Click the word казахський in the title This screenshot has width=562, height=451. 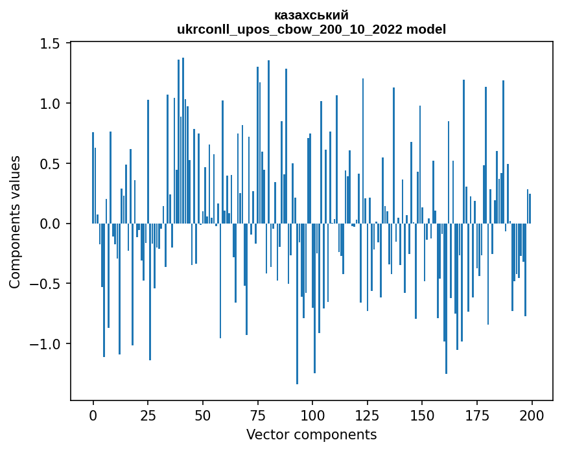coord(311,15)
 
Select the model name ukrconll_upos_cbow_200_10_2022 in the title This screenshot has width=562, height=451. coord(288,29)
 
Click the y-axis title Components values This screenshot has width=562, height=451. coord(15,222)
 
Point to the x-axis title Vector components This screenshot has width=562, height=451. coord(311,434)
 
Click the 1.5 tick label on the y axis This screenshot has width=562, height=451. coord(50,43)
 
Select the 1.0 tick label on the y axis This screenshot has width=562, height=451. coord(50,104)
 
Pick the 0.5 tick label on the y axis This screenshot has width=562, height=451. coord(50,164)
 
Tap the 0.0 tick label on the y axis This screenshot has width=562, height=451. coord(50,224)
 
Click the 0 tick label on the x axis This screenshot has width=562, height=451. coord(93,415)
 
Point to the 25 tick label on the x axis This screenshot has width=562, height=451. coord(148,415)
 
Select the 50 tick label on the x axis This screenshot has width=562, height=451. coord(203,415)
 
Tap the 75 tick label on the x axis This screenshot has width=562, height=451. coord(257,415)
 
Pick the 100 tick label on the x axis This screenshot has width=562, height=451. coord(312,415)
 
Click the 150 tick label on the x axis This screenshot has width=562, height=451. coord(422,415)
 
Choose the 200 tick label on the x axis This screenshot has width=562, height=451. coord(532,415)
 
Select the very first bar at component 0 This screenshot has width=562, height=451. coord(93,178)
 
